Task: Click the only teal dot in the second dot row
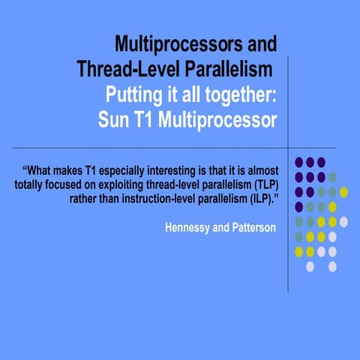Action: click(x=332, y=176)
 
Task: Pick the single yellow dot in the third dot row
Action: click(x=343, y=191)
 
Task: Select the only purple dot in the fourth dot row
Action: click(x=298, y=206)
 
